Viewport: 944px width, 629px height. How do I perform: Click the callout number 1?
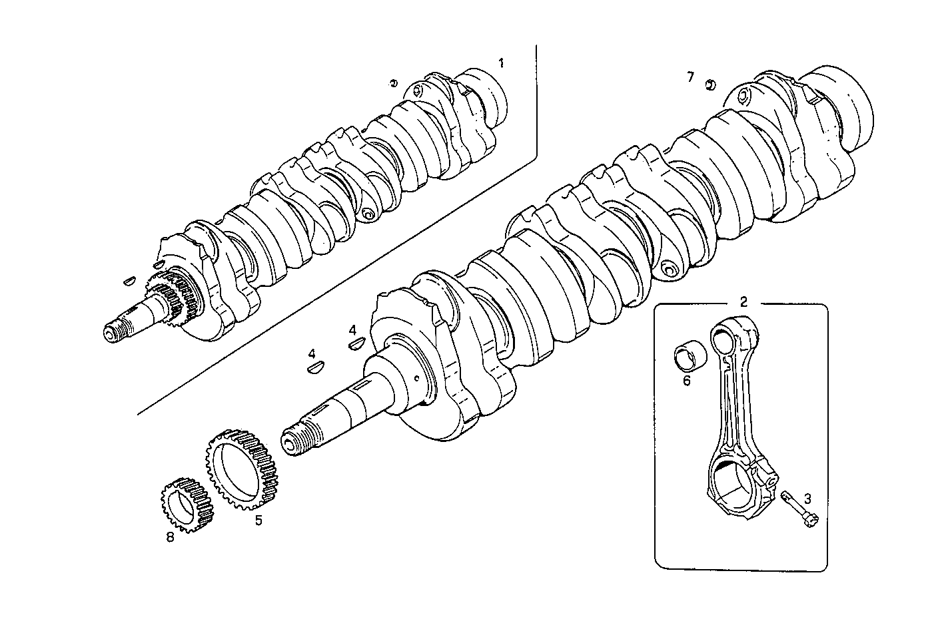(x=501, y=63)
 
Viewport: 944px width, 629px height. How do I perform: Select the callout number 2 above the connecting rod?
(x=743, y=301)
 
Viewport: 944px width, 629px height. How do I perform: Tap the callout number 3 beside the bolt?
(x=807, y=498)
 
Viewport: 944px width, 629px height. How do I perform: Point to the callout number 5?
(x=258, y=520)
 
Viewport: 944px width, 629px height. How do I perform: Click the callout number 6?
(x=686, y=381)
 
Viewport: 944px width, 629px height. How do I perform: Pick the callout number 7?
(x=690, y=77)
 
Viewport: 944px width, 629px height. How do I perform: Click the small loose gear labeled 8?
(x=187, y=503)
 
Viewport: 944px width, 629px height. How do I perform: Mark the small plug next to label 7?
(x=711, y=85)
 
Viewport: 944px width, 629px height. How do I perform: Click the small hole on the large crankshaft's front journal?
(x=416, y=379)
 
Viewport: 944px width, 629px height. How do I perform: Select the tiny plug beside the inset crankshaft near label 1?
(x=394, y=83)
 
